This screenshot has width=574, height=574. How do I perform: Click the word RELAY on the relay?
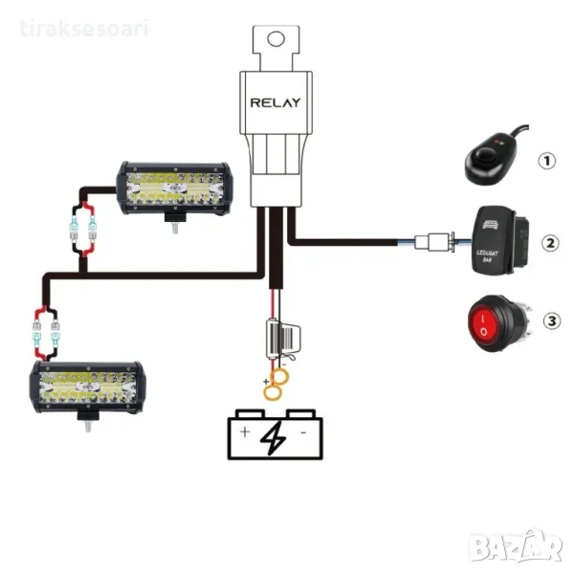tap(276, 101)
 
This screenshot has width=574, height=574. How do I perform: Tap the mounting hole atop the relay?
tap(276, 39)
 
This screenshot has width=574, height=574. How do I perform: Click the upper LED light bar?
tap(173, 188)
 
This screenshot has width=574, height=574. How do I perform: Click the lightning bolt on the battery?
tap(272, 435)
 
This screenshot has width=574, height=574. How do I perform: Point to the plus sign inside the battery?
tap(245, 433)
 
